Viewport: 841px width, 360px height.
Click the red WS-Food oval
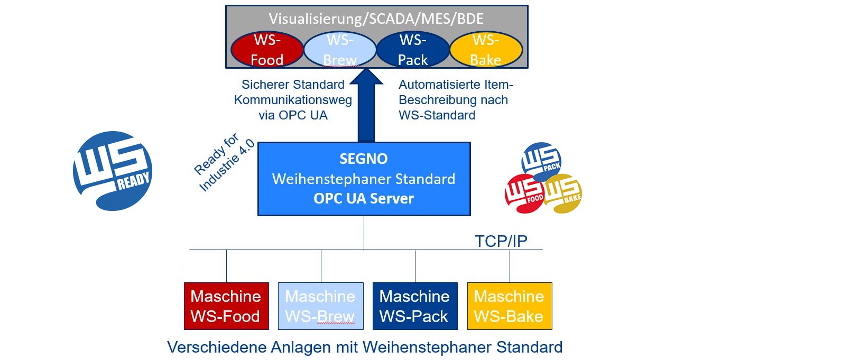[267, 50]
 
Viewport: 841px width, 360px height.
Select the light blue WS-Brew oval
[340, 50]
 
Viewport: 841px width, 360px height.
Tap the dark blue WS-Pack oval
[413, 50]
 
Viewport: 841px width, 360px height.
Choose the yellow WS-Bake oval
[486, 50]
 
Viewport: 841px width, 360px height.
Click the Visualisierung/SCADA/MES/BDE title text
[376, 19]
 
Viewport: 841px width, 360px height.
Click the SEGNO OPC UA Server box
[364, 179]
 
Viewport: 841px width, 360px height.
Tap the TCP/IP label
[501, 241]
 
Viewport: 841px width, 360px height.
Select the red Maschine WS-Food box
[226, 306]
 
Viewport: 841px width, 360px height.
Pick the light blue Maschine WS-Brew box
[321, 306]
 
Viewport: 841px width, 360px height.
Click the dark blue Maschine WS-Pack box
[415, 306]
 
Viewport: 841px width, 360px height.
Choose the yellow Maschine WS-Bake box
[510, 306]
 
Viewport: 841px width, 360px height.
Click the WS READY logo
[113, 171]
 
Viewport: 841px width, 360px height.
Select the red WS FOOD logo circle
[523, 193]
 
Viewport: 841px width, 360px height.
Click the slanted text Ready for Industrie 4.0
[224, 162]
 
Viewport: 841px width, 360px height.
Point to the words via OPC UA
[293, 115]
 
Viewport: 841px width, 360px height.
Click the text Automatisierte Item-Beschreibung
[455, 92]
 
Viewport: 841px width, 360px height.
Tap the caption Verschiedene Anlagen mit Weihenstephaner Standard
[365, 347]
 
